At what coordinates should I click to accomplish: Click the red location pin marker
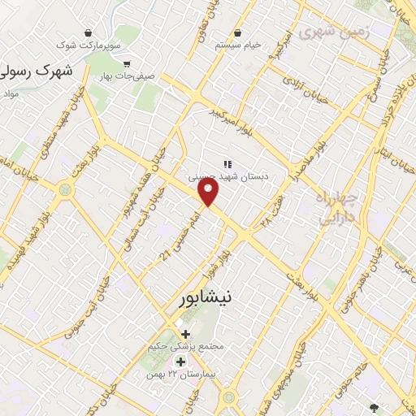tap(210, 193)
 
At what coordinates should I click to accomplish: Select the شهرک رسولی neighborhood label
tap(37, 71)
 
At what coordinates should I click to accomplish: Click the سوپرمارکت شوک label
tap(85, 48)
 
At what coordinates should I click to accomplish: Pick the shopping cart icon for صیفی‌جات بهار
tap(127, 63)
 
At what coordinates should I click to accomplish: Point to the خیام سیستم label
tap(237, 45)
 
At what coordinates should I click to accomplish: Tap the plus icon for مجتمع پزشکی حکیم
tap(186, 333)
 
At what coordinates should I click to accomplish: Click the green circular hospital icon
tap(180, 362)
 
